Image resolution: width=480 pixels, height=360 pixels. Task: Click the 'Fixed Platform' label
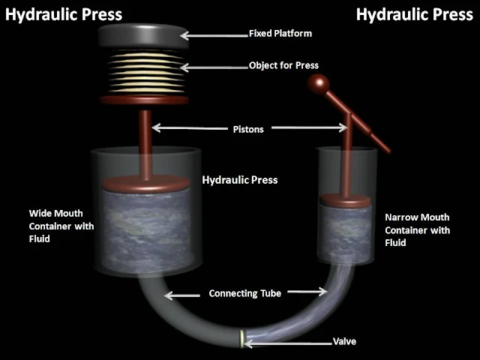(280, 34)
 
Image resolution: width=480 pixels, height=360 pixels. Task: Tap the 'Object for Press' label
(283, 65)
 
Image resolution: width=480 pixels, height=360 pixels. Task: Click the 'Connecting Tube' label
(245, 294)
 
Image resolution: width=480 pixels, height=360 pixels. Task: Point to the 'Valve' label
(343, 342)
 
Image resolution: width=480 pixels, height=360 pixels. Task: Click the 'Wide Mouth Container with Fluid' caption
(61, 226)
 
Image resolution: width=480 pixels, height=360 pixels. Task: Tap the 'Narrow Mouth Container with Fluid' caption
(417, 230)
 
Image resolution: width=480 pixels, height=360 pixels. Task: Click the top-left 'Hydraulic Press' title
(64, 13)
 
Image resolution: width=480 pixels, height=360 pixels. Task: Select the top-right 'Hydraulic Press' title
(415, 13)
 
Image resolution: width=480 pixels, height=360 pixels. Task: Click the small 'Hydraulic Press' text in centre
(240, 180)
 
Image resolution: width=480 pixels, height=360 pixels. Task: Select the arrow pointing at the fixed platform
(217, 34)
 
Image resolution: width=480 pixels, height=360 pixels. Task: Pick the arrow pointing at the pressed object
(217, 66)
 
